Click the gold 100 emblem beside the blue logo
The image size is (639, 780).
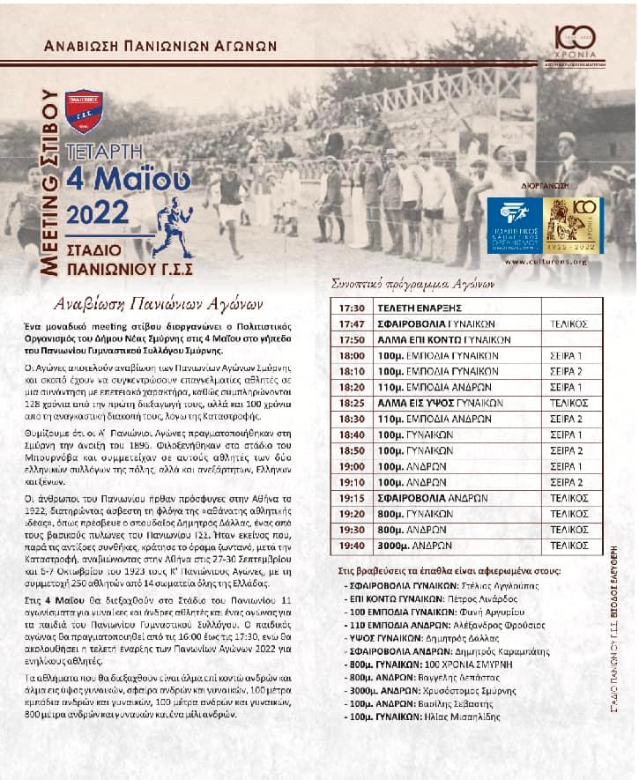(x=573, y=226)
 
